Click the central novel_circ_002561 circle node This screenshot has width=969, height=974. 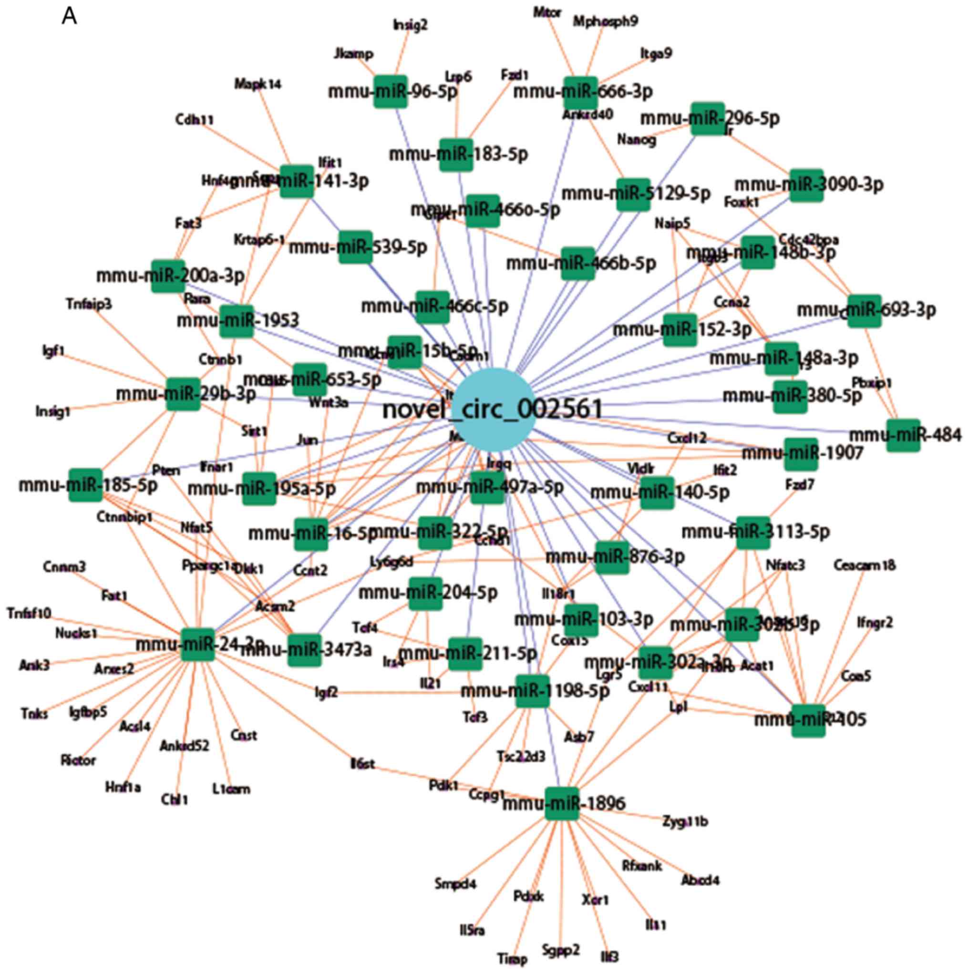495,409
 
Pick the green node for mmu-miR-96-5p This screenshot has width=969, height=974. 390,91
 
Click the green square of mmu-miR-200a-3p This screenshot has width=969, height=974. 168,276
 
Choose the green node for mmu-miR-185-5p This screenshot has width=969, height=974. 85,485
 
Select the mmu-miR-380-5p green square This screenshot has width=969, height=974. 790,396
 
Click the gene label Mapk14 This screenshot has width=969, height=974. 258,84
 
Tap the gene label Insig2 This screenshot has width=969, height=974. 411,25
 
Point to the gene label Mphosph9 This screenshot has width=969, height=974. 606,21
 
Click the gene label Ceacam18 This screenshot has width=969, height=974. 865,565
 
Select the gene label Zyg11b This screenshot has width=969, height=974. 685,822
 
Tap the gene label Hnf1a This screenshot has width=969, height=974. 123,787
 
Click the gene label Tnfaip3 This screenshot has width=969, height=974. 89,304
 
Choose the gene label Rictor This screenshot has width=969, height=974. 78,760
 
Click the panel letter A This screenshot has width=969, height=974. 69,17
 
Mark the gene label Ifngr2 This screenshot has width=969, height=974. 875,623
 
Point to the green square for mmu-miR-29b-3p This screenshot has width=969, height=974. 183,394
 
